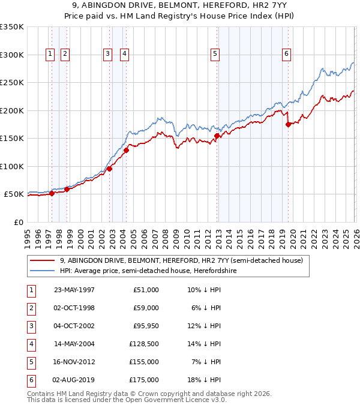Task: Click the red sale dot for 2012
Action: pos(217,136)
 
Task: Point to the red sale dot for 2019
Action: pos(289,125)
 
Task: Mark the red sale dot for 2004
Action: pos(127,151)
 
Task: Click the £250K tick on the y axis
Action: pos(12,83)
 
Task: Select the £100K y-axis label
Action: pos(12,166)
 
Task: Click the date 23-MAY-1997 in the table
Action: pos(74,290)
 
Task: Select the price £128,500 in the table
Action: pos(146,344)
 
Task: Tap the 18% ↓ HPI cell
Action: pos(204,380)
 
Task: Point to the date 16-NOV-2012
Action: pos(74,362)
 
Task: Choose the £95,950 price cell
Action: pos(146,326)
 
